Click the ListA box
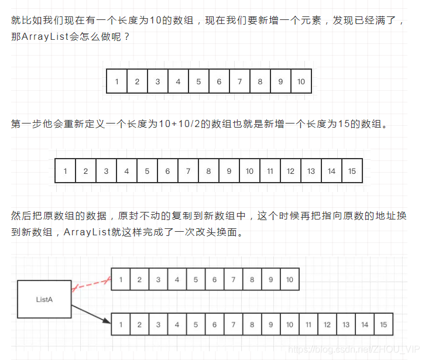[x=44, y=299]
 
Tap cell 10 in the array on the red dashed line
[x=289, y=280]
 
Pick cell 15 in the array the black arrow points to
[x=383, y=324]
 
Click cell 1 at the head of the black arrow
[x=121, y=324]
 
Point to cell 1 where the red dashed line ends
[x=121, y=280]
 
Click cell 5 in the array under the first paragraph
[x=198, y=81]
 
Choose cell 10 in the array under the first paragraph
[x=301, y=81]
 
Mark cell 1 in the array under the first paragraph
[x=116, y=81]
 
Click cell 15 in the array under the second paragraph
[x=352, y=171]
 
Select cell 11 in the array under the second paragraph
[x=270, y=171]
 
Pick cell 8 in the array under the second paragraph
[x=208, y=171]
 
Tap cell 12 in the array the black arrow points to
[x=327, y=324]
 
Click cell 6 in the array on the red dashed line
[x=214, y=280]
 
